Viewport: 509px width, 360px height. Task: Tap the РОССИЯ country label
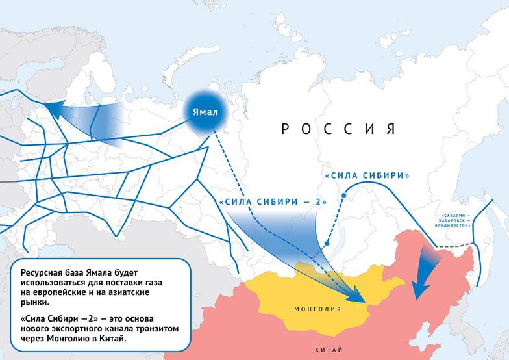(x=338, y=129)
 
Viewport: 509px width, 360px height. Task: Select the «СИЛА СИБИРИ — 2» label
(x=272, y=203)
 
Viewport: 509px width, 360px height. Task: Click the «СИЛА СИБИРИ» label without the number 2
(x=367, y=176)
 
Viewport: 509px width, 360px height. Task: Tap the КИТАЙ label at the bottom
(x=329, y=350)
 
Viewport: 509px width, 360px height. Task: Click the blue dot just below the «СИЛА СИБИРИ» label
(x=345, y=195)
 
